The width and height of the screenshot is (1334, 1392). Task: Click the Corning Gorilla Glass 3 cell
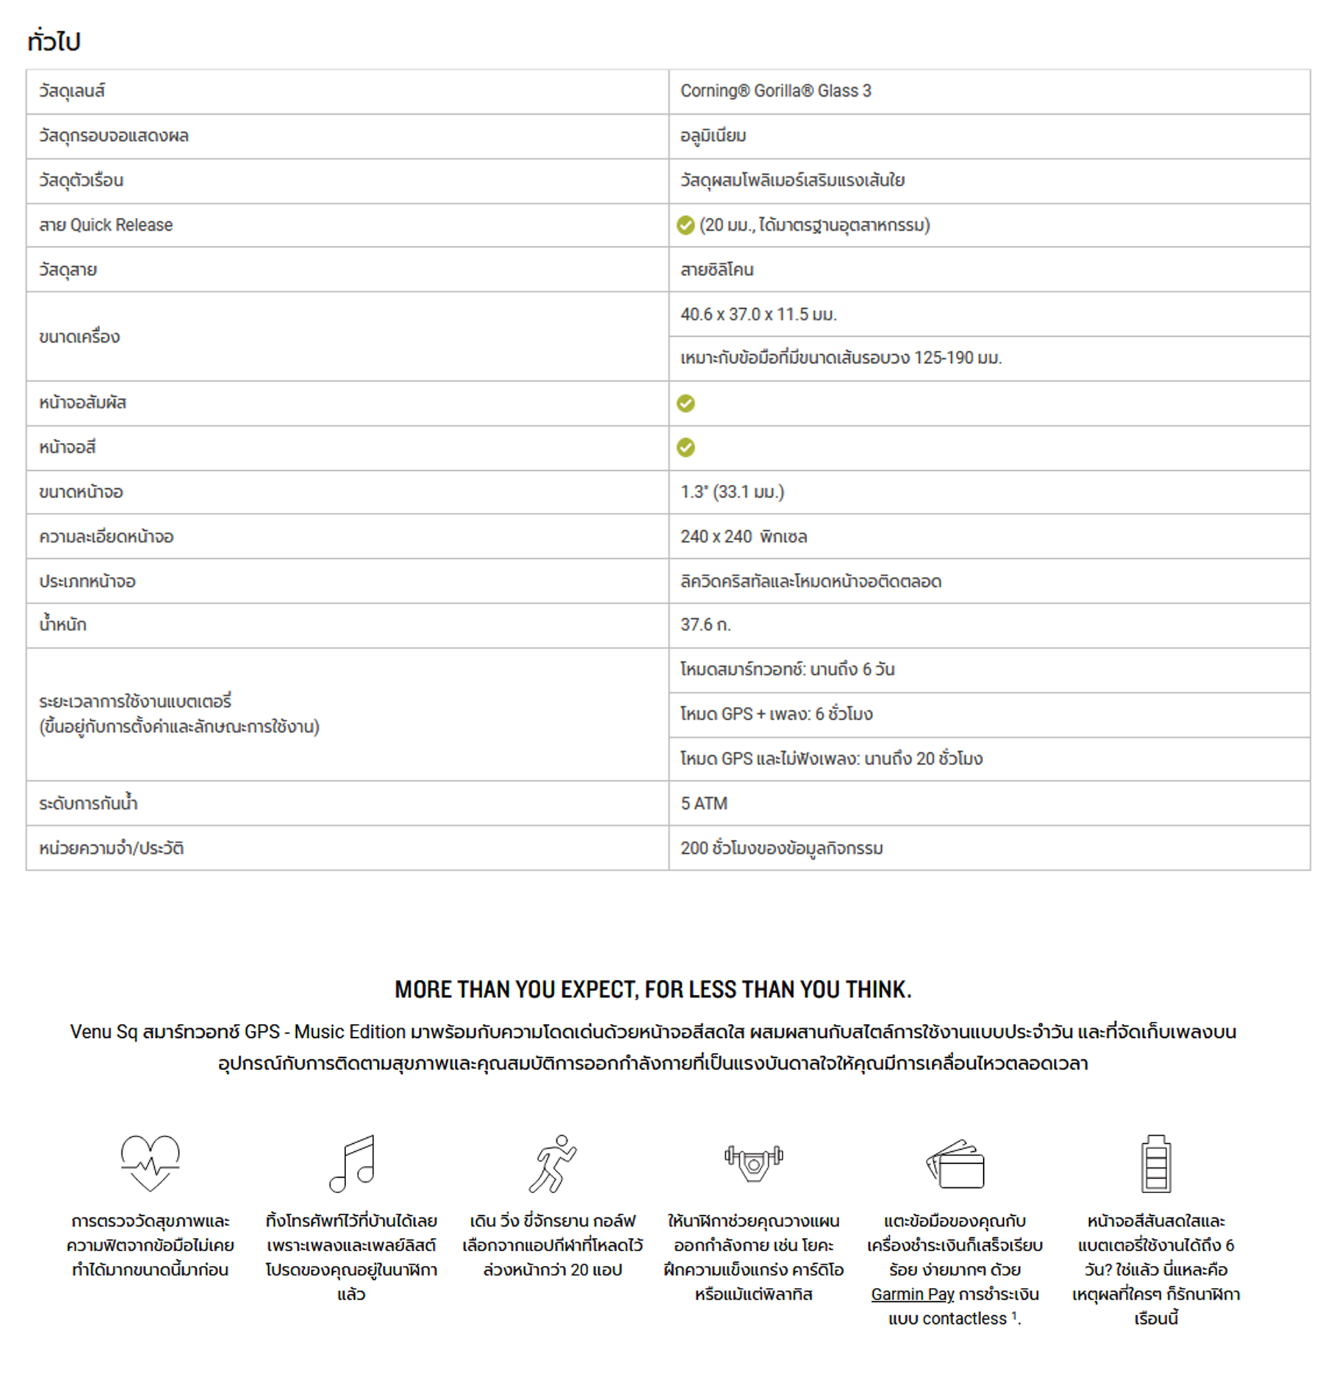(x=775, y=91)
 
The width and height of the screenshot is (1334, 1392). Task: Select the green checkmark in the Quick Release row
(x=685, y=225)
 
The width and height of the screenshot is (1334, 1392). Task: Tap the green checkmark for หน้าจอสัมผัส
(x=685, y=404)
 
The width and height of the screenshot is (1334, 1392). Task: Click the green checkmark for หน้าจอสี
(x=685, y=448)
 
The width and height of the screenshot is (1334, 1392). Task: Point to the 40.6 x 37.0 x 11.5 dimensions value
(x=758, y=314)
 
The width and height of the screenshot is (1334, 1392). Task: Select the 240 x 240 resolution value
(x=743, y=536)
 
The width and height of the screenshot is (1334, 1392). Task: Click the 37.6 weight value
(x=704, y=625)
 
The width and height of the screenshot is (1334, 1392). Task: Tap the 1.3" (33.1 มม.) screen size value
(x=732, y=492)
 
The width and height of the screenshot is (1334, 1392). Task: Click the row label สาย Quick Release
(x=105, y=225)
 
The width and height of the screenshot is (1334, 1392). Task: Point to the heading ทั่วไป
(x=54, y=41)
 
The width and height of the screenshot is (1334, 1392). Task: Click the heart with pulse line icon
(x=150, y=1163)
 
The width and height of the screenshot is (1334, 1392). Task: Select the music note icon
(x=352, y=1163)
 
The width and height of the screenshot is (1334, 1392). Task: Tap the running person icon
(x=553, y=1163)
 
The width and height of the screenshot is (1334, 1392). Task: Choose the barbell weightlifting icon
(x=753, y=1163)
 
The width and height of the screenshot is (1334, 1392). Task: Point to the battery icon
(x=1156, y=1163)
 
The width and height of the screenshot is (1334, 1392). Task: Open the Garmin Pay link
(x=912, y=1294)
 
